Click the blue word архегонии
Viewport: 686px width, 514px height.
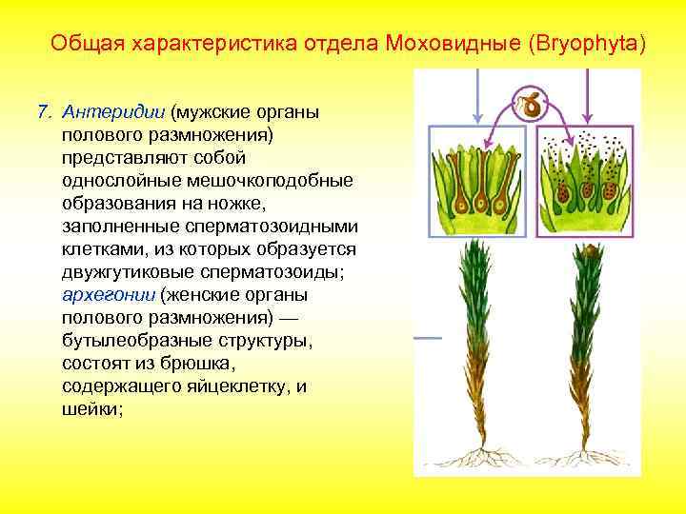[102, 294]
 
